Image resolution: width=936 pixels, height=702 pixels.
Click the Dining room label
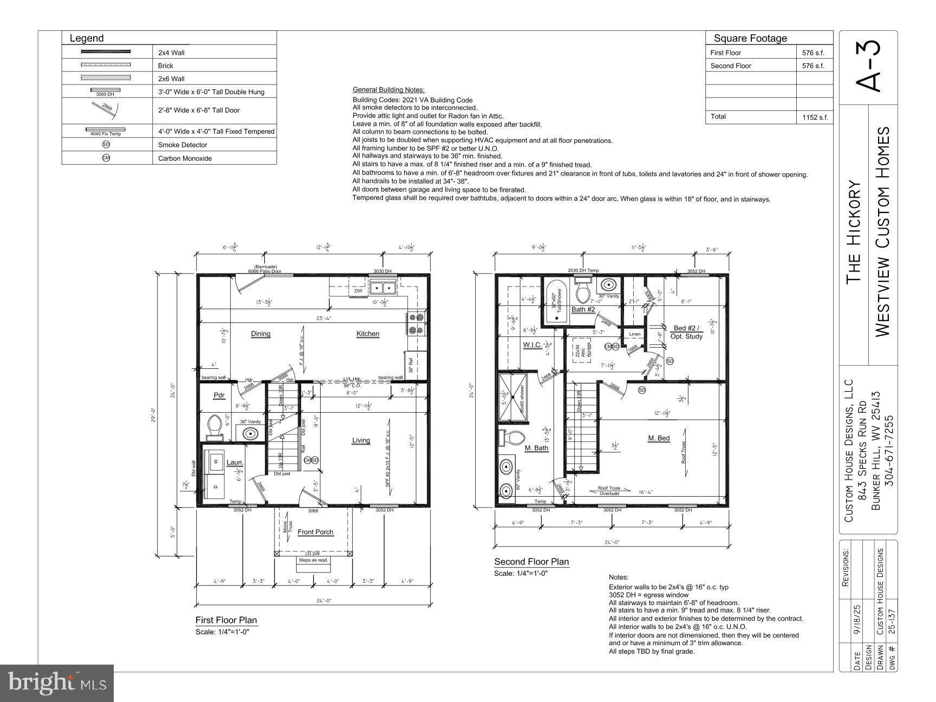click(261, 334)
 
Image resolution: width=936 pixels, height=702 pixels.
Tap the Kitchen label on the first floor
click(367, 334)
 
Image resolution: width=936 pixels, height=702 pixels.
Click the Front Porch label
click(315, 532)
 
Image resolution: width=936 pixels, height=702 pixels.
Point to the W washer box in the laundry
click(216, 462)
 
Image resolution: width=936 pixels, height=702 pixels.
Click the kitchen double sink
click(383, 287)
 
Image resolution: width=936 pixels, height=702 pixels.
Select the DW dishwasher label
click(358, 291)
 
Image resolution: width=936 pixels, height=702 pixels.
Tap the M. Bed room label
click(659, 438)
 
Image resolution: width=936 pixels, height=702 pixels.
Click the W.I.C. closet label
click(531, 345)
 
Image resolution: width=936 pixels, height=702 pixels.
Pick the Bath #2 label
click(583, 309)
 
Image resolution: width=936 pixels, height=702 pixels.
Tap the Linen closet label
click(634, 334)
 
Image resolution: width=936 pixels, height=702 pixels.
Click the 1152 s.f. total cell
click(813, 117)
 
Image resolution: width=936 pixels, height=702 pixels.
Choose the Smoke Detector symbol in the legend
click(106, 145)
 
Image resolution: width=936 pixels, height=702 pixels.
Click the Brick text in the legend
click(166, 66)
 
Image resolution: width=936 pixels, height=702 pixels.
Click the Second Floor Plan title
click(531, 562)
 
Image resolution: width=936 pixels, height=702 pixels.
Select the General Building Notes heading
click(388, 90)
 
